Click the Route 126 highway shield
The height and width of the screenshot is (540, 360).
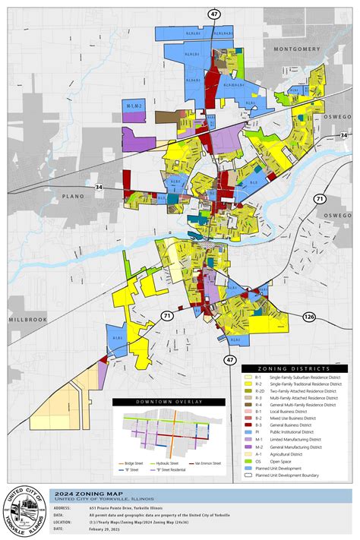pyautogui.click(x=330, y=315)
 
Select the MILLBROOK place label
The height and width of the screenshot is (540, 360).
pyautogui.click(x=28, y=320)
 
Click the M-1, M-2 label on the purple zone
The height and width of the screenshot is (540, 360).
pyautogui.click(x=134, y=106)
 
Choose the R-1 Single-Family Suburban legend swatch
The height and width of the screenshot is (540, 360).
pyautogui.click(x=247, y=377)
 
